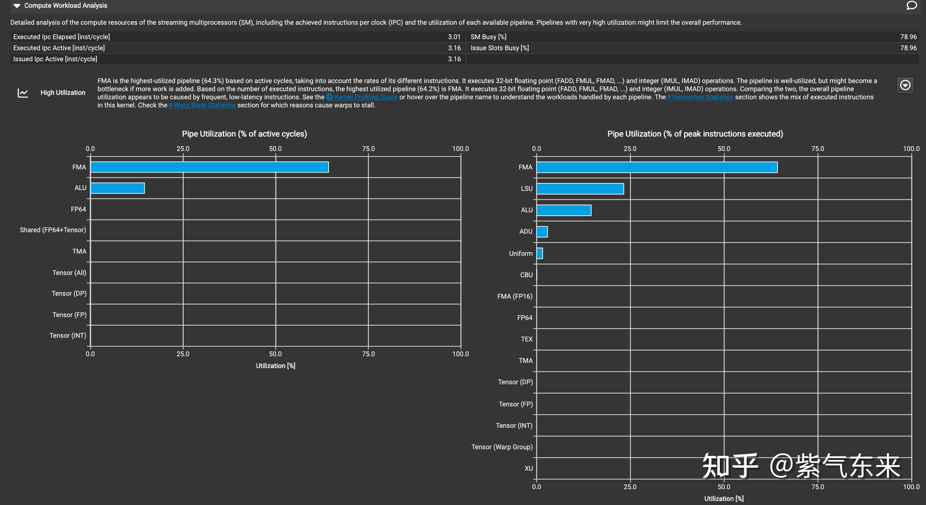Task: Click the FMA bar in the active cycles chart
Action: [x=209, y=167]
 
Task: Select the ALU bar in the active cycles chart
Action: [x=118, y=188]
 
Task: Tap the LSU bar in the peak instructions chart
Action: [x=580, y=189]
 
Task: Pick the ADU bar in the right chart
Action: [x=542, y=232]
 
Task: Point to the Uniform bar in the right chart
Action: [x=539, y=253]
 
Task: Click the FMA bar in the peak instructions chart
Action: [x=657, y=167]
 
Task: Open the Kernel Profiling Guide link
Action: [x=365, y=97]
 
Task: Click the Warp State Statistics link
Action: [x=204, y=105]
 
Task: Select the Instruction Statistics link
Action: [x=702, y=97]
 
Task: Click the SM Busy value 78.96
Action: [x=908, y=37]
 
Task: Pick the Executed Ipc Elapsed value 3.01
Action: [x=454, y=37]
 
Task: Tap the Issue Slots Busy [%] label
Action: [x=500, y=48]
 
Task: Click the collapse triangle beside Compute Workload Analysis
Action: [x=17, y=6]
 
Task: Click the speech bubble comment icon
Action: [x=912, y=6]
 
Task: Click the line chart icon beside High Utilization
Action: [x=23, y=93]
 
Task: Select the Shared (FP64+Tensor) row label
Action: [x=53, y=230]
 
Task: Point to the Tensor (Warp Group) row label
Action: [x=502, y=447]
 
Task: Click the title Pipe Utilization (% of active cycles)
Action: [x=244, y=134]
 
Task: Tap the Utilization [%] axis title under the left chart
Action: [x=276, y=365]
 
